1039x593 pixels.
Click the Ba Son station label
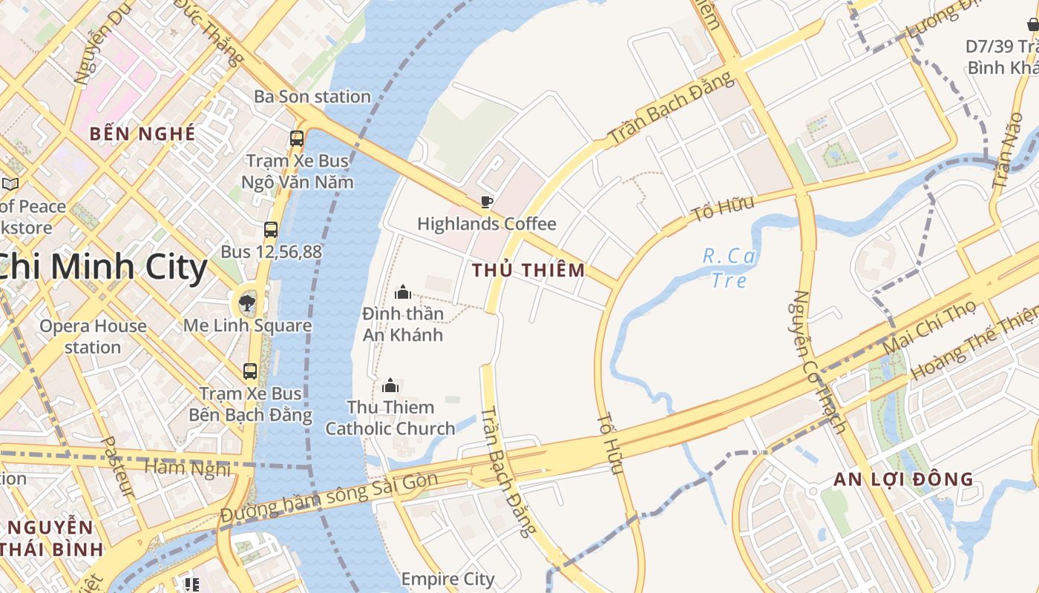[x=312, y=96]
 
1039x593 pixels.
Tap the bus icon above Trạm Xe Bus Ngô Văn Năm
[x=297, y=138]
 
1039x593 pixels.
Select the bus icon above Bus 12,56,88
[x=271, y=230]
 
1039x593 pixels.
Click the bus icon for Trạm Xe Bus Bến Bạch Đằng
[x=250, y=371]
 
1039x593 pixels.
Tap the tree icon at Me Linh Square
[x=247, y=302]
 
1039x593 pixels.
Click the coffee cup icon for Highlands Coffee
[x=486, y=202]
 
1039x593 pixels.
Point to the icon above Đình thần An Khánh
[x=403, y=292]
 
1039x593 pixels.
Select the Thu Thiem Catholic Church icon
[x=390, y=385]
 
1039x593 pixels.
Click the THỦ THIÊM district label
[x=528, y=271]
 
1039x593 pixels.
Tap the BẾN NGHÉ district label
[x=142, y=134]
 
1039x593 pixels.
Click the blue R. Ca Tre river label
[x=730, y=268]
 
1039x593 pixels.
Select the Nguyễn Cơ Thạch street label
[x=819, y=361]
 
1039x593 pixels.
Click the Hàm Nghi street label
[x=187, y=467]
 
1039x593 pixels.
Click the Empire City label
[x=448, y=578]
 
